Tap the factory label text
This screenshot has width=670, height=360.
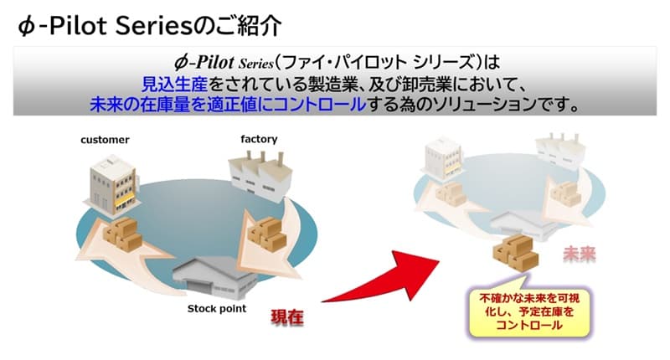pyautogui.click(x=259, y=139)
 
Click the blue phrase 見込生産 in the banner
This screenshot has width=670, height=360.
pyautogui.click(x=170, y=84)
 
